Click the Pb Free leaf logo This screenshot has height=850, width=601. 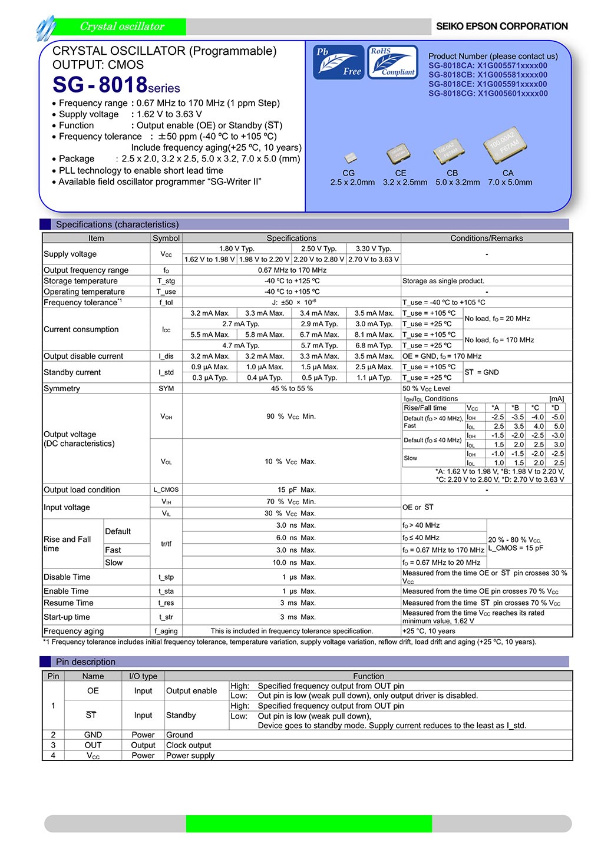click(338, 62)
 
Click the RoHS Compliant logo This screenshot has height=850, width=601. click(392, 62)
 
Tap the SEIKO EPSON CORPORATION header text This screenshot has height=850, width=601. click(501, 27)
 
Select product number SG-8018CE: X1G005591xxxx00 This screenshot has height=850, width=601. click(487, 84)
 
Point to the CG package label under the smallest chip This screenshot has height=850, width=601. click(348, 173)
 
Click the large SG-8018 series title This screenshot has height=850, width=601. click(116, 85)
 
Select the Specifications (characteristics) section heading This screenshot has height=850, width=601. click(117, 224)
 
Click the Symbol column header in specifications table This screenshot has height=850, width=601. click(166, 238)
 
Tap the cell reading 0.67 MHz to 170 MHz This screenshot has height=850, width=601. click(292, 270)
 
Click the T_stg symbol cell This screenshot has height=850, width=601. click(166, 281)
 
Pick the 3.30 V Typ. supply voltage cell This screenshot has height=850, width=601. click(373, 249)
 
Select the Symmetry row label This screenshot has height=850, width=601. click(62, 389)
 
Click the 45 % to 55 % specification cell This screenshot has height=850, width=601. click(292, 389)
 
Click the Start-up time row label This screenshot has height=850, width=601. click(67, 617)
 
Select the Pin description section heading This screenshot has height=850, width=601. click(85, 662)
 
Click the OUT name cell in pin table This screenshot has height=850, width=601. click(93, 745)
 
